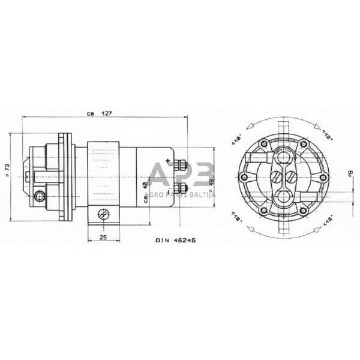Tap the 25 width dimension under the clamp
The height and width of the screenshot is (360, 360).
click(103, 238)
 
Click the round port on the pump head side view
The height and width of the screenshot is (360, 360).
click(40, 196)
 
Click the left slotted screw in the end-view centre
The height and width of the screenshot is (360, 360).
click(275, 176)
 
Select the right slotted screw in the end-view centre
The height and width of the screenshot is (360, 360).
click(290, 176)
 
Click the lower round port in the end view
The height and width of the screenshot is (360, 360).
click(283, 196)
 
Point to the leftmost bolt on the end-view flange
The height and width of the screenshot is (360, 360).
click(243, 177)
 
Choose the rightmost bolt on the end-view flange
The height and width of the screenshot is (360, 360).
click(323, 177)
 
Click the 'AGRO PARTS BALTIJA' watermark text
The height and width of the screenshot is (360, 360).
click(180, 194)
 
